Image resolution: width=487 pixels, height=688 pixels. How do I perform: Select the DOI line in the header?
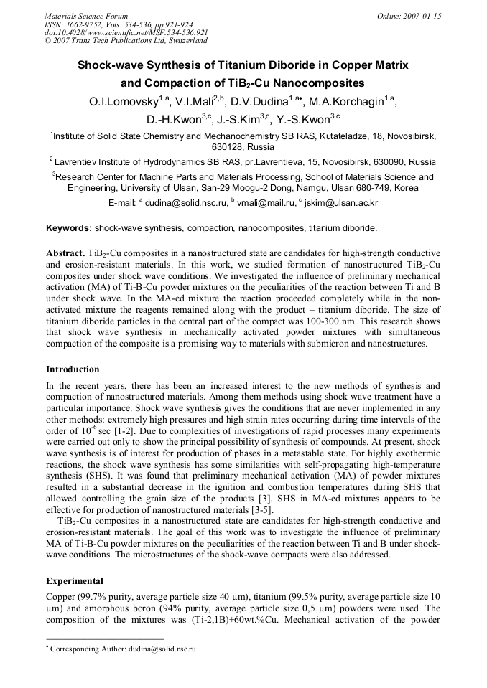tap(126, 32)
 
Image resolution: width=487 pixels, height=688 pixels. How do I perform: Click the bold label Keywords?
tap(69, 228)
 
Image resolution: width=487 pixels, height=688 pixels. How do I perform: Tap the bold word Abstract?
tap(65, 254)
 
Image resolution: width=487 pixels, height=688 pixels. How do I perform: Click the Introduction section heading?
tap(73, 369)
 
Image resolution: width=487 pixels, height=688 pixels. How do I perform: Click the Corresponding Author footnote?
tap(122, 649)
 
